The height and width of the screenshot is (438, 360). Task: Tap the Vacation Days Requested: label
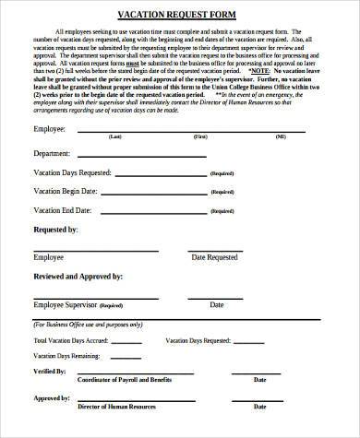tap(73, 172)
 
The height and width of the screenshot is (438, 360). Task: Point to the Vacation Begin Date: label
tap(66, 191)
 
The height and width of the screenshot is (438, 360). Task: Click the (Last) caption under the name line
tap(115, 136)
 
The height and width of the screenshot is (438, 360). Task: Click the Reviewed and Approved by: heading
tap(78, 276)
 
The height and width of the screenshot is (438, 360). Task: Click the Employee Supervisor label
tap(65, 303)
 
